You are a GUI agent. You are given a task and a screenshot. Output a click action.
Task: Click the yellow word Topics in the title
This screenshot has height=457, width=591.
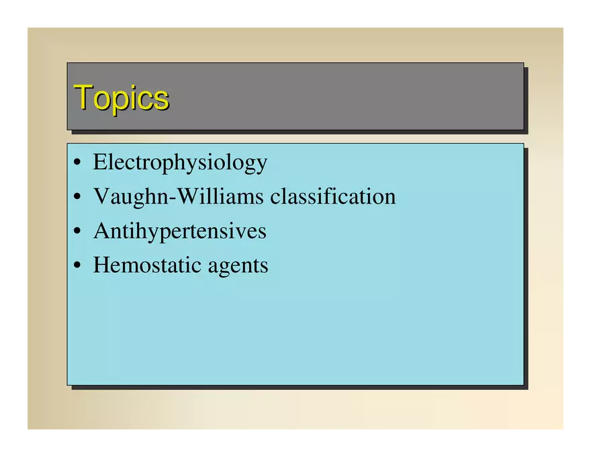click(x=122, y=98)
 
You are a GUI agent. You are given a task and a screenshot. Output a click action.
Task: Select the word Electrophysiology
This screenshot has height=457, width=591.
click(x=180, y=163)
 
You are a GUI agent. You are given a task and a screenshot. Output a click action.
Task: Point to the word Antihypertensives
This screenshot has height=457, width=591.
click(x=180, y=231)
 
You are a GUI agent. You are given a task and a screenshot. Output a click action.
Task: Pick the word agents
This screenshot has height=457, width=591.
click(x=238, y=267)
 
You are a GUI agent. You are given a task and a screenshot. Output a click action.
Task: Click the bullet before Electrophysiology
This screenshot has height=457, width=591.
click(x=77, y=163)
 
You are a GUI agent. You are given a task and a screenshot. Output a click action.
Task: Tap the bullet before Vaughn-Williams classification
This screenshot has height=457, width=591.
click(x=77, y=197)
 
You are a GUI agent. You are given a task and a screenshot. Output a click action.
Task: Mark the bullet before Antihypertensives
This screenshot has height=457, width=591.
click(x=77, y=231)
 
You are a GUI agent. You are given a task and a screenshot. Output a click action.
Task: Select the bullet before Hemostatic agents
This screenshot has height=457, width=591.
click(x=77, y=265)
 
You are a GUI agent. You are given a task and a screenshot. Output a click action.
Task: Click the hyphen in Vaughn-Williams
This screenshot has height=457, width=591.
click(x=173, y=199)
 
